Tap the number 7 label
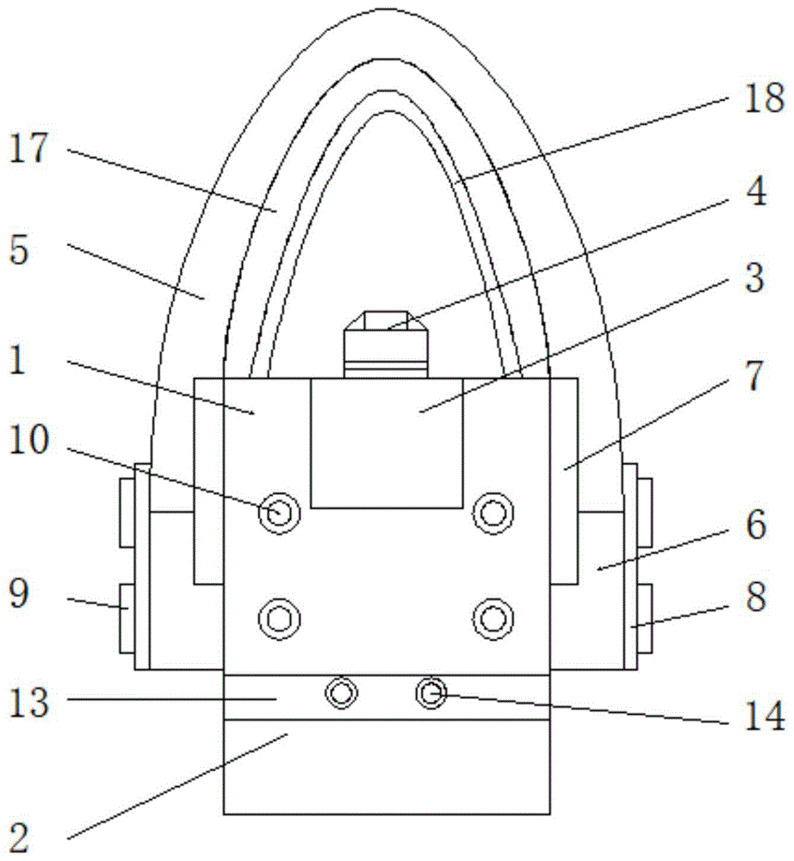(x=754, y=379)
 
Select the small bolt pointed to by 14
(x=430, y=691)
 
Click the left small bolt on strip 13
(x=341, y=692)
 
